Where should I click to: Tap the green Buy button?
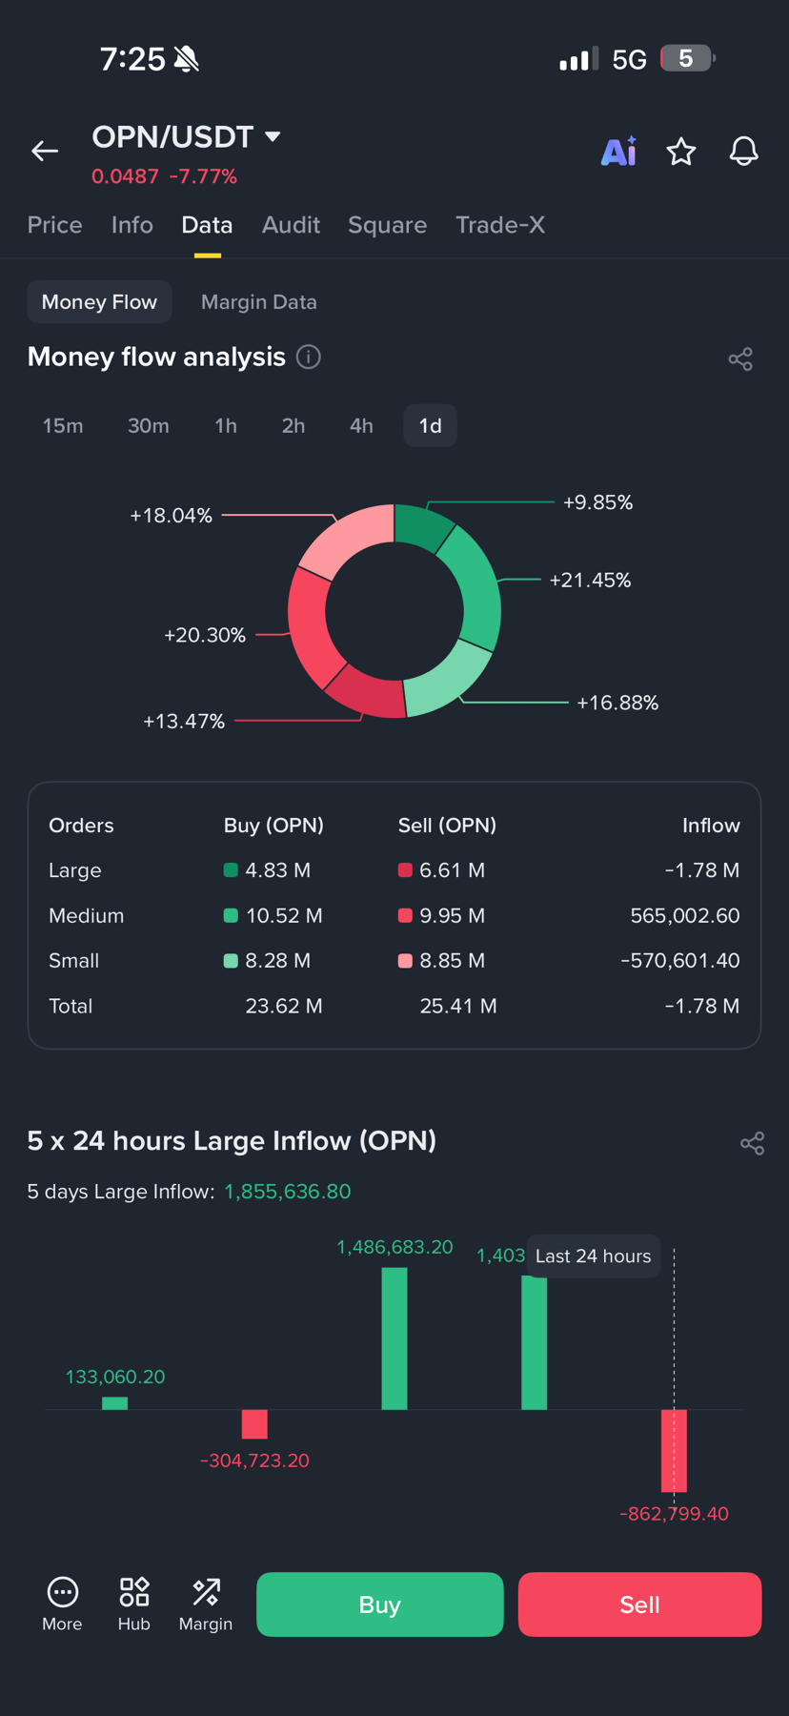[380, 1604]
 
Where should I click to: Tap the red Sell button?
[639, 1604]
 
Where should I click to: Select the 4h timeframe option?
[361, 426]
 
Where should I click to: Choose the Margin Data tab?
[259, 302]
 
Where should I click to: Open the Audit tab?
[291, 225]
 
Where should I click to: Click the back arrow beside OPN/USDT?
[45, 151]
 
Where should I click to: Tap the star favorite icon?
[681, 152]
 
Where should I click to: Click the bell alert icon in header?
[744, 152]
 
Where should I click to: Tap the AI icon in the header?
[618, 152]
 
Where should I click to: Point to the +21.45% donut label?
[590, 581]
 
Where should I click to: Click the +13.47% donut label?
[184, 722]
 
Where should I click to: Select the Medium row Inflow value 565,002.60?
[685, 916]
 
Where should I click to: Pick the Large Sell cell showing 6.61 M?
[452, 870]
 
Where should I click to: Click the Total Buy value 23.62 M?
[284, 1007]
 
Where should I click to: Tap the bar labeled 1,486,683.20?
[394, 1338]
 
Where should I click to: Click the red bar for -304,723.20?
[254, 1424]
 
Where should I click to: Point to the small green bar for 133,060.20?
[115, 1403]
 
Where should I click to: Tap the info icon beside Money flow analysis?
[309, 357]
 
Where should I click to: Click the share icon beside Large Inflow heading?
[753, 1143]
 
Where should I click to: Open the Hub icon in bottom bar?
[134, 1604]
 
